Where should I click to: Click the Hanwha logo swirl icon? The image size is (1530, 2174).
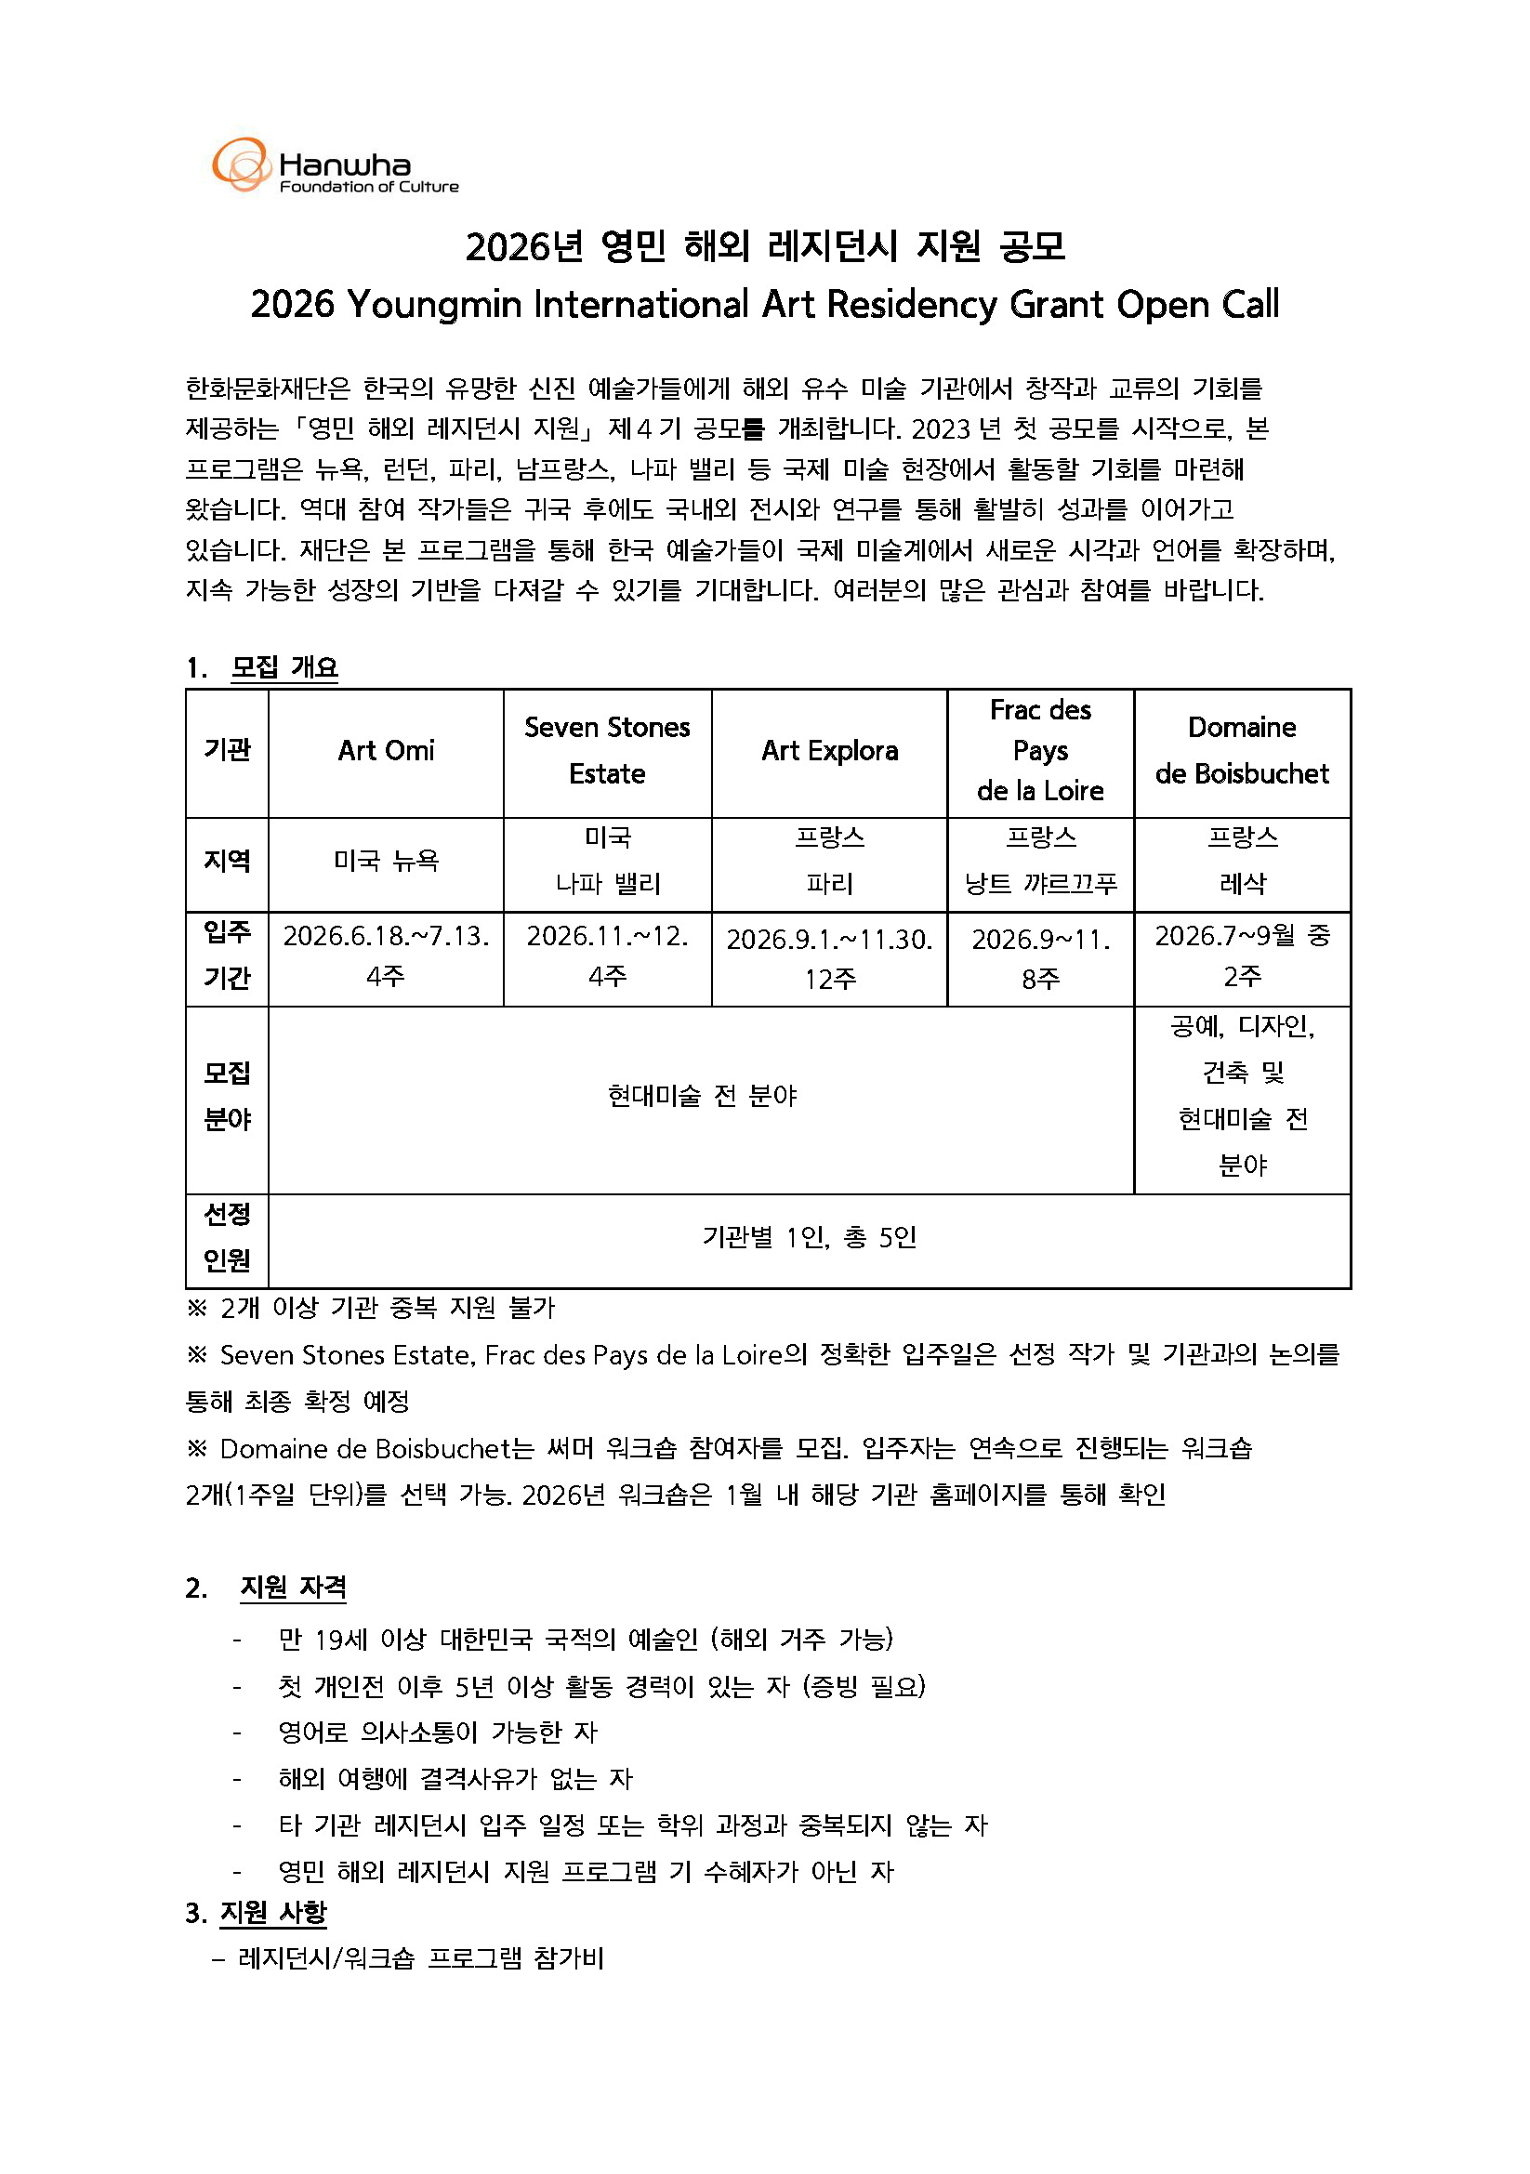click(242, 165)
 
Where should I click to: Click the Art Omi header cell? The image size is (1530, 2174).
click(386, 751)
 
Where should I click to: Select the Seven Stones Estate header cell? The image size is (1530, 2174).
click(607, 751)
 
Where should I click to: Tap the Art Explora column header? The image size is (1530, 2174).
click(829, 751)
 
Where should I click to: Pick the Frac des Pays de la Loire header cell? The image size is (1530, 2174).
click(1039, 751)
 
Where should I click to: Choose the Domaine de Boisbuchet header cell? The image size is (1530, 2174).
click(1241, 751)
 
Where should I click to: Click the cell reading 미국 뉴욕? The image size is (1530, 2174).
click(386, 861)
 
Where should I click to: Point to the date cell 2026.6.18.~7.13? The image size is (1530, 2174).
click(386, 937)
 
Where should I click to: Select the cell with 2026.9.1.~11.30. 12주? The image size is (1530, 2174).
click(829, 957)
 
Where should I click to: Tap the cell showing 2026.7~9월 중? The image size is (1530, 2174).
click(1241, 937)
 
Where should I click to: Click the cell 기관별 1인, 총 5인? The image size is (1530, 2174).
click(809, 1237)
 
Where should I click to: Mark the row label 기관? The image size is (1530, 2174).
click(227, 751)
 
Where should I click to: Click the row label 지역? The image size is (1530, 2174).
click(227, 861)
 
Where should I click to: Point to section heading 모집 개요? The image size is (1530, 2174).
click(284, 667)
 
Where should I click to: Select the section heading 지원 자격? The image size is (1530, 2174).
click(293, 1588)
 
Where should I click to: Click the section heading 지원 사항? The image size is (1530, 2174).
click(272, 1914)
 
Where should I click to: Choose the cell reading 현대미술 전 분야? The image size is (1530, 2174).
click(702, 1097)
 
